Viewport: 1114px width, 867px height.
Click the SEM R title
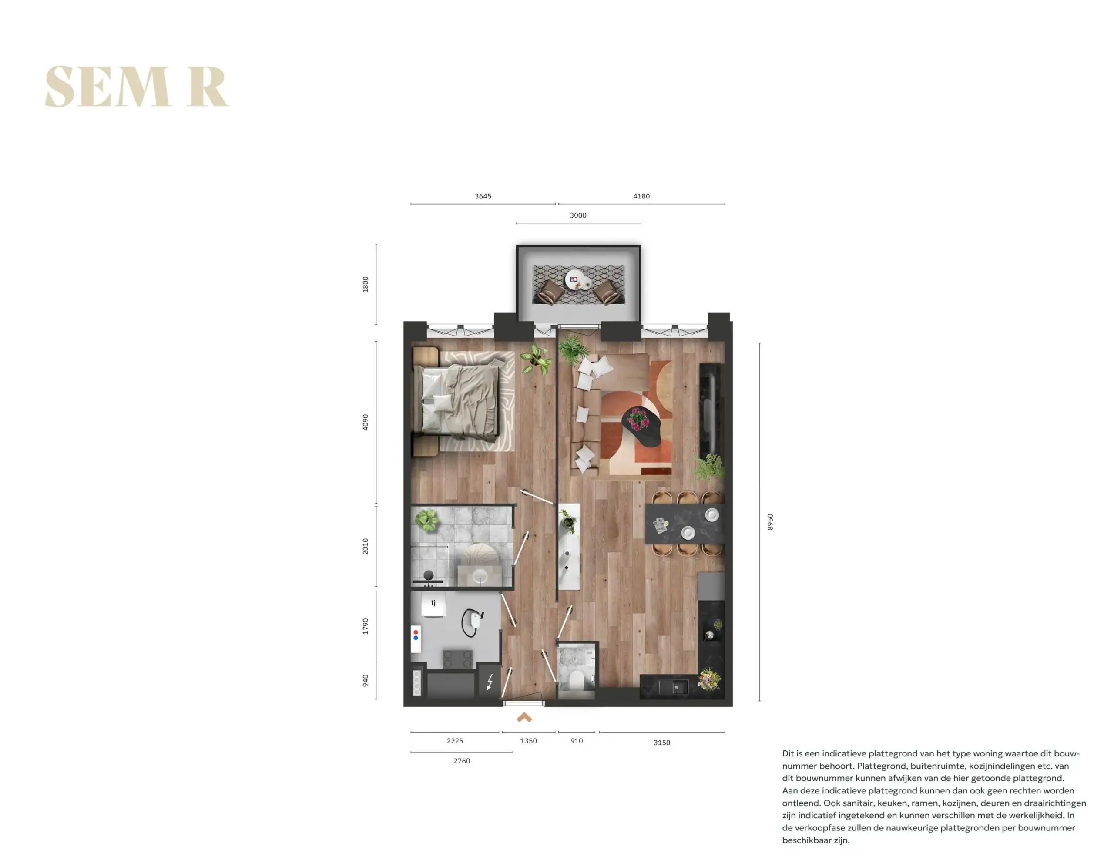[x=137, y=87]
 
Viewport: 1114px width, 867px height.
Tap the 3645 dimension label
[x=483, y=196]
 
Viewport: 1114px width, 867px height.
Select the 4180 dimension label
[x=641, y=196]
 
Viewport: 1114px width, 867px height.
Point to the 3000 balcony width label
[x=578, y=215]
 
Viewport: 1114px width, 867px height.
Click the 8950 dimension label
[x=770, y=521]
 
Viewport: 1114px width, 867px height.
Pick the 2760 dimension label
[x=462, y=761]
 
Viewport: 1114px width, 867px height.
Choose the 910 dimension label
[x=577, y=741]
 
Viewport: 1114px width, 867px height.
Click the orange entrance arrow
[x=524, y=718]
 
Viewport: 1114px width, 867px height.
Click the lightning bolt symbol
[x=490, y=682]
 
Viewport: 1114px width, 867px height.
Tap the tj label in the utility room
[x=433, y=603]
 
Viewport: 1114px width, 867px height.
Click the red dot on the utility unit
[x=416, y=632]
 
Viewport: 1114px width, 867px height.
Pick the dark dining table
[x=685, y=524]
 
